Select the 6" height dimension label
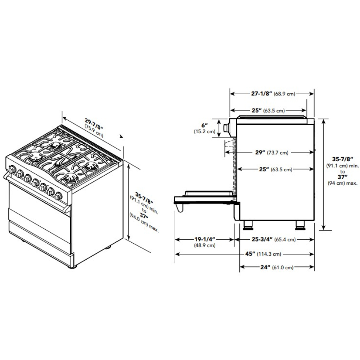click(204, 125)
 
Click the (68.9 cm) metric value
click(284, 94)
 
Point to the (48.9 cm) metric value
click(204, 246)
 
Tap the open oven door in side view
click(205, 199)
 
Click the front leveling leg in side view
click(248, 225)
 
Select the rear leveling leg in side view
click(300, 225)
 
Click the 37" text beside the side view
click(342, 177)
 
